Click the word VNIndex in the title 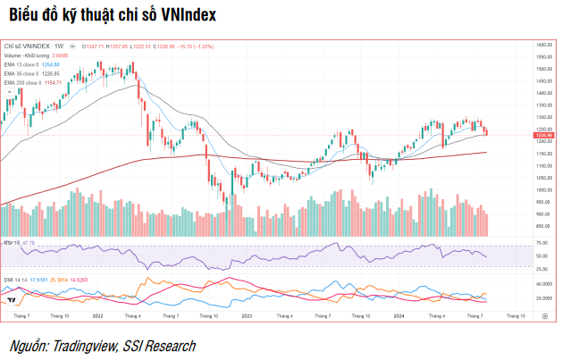point(182,16)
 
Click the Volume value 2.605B point(62,55)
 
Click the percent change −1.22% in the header point(205,46)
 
